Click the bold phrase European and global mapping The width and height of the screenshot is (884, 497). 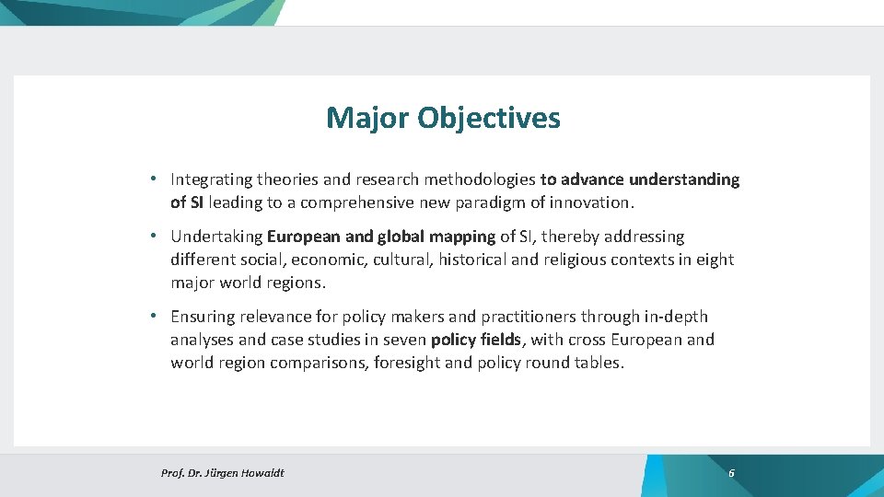pos(381,237)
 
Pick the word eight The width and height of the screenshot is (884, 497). pos(715,260)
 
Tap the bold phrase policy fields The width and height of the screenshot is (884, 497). pos(476,340)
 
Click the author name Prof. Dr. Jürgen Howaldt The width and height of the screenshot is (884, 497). pos(222,473)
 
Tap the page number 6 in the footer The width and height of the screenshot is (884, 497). pos(731,473)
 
